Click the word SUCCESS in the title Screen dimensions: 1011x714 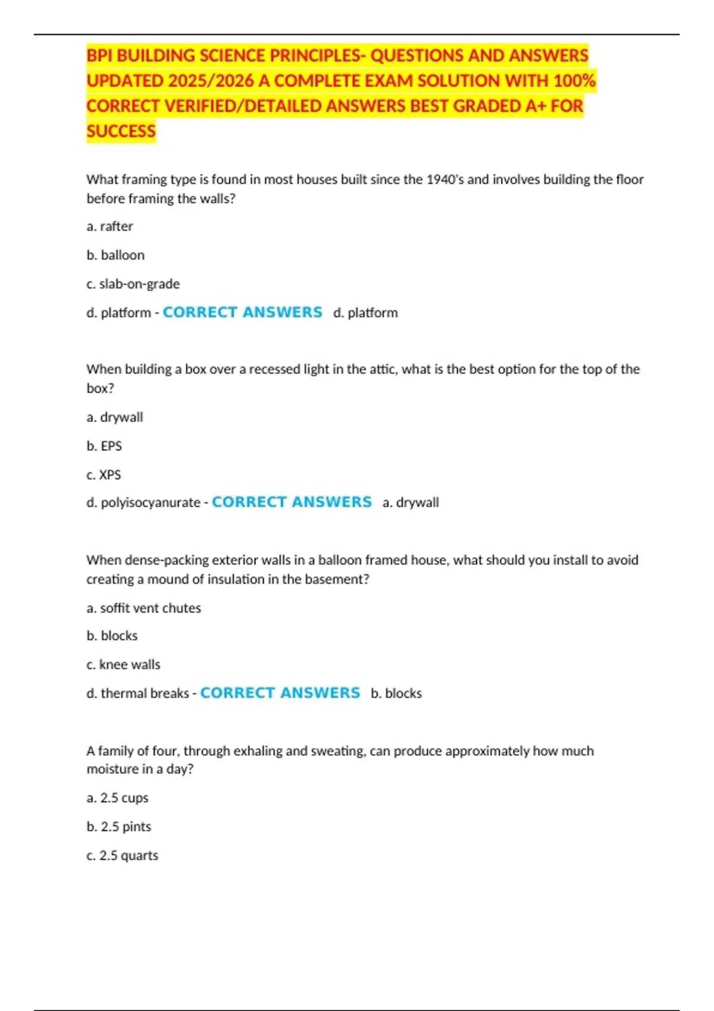121,131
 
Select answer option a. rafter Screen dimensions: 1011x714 109,227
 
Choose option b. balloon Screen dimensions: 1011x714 115,255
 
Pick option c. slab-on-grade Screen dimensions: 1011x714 133,284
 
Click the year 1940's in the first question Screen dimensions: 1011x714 445,180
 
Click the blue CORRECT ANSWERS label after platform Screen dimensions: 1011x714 242,312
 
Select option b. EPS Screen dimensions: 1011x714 104,446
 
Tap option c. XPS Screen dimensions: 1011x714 104,475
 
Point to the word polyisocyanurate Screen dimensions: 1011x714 151,503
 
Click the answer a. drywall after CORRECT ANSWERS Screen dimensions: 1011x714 411,503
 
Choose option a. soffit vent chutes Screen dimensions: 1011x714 143,608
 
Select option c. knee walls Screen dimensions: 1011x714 123,664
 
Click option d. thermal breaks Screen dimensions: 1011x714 137,693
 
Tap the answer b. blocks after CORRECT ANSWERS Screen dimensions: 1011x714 396,693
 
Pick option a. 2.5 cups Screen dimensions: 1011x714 117,798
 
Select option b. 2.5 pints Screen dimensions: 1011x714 118,827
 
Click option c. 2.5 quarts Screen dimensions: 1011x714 122,855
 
